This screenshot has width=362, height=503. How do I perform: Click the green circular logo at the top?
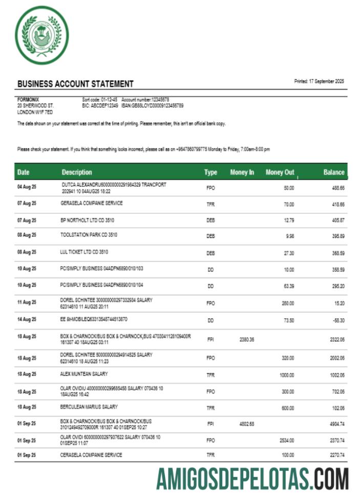pyautogui.click(x=41, y=38)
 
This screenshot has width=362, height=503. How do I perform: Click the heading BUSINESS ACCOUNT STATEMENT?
pyautogui.click(x=75, y=84)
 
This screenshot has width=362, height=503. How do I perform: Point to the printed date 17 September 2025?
pyautogui.click(x=319, y=82)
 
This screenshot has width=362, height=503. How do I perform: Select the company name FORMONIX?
pyautogui.click(x=28, y=99)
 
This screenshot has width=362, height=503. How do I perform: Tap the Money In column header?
pyautogui.click(x=242, y=172)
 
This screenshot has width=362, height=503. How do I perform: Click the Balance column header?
pyautogui.click(x=334, y=172)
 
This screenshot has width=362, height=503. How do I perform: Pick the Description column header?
pyautogui.click(x=77, y=172)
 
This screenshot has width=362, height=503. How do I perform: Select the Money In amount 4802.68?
pyautogui.click(x=246, y=425)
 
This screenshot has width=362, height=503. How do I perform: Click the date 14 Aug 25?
pyautogui.click(x=27, y=319)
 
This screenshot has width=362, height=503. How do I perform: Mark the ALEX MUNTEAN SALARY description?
pyautogui.click(x=84, y=374)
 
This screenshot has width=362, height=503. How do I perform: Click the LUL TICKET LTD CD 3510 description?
pyautogui.click(x=84, y=252)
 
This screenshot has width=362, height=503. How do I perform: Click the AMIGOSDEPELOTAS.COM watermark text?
pyautogui.click(x=252, y=478)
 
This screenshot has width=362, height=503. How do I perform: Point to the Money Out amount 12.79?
pyautogui.click(x=289, y=221)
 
